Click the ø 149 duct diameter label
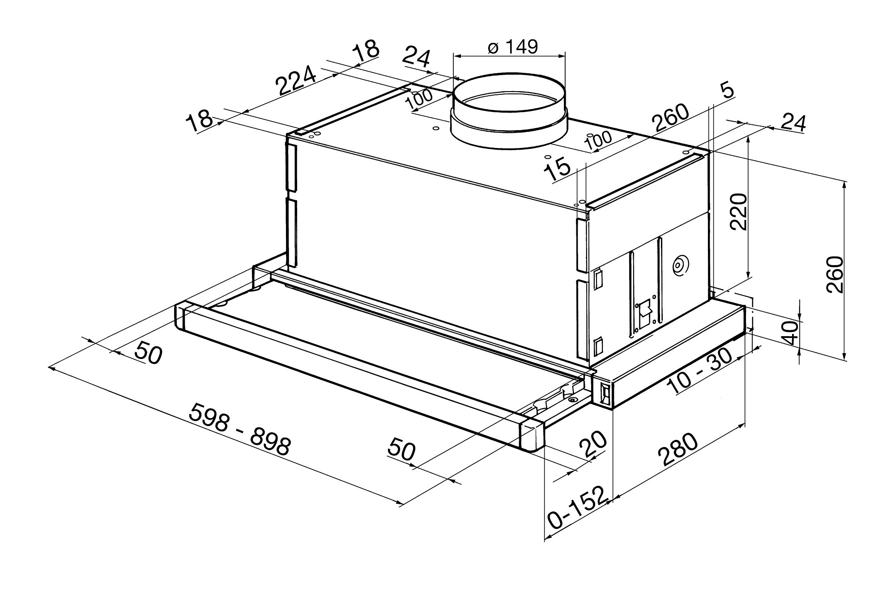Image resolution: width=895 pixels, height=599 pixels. tap(512, 46)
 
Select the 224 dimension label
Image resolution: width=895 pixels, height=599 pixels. tap(296, 80)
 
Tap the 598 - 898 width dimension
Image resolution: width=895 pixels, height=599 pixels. tap(239, 429)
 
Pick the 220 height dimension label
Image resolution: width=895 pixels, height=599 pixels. tap(738, 211)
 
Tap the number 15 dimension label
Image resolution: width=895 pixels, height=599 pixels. tap(558, 171)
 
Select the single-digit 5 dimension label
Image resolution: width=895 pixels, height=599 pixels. tap(728, 92)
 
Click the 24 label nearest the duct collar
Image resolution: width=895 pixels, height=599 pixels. tap(416, 58)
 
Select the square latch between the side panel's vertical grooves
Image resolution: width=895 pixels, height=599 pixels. tap(644, 309)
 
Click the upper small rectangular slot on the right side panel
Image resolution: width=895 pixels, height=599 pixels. tap(598, 278)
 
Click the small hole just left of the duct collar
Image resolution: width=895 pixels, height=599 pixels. tap(435, 129)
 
